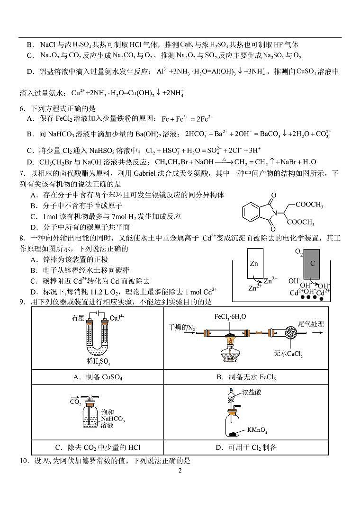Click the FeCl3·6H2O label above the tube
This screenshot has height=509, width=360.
(x=230, y=316)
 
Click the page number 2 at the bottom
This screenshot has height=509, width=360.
(x=180, y=471)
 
